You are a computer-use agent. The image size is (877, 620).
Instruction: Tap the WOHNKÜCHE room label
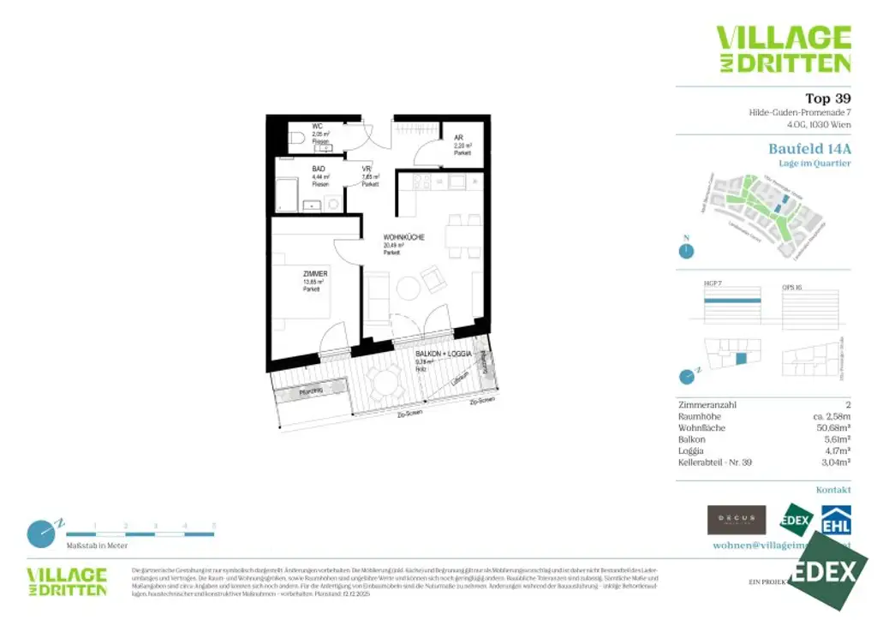pos(404,238)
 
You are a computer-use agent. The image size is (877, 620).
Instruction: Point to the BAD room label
pos(319,170)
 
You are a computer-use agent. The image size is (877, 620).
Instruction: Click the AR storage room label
pos(459,138)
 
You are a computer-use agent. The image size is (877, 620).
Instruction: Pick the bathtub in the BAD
pos(287,194)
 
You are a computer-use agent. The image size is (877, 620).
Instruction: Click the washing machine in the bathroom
pos(332,203)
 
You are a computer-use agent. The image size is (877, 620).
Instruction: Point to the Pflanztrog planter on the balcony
pos(311,391)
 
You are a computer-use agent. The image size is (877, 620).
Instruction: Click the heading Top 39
pos(827,98)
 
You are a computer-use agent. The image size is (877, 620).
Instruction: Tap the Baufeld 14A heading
pos(809,148)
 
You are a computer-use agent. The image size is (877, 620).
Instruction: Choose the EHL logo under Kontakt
pos(836,520)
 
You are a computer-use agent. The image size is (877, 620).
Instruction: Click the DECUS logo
pos(736,520)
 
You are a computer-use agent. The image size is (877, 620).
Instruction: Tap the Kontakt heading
pos(833,490)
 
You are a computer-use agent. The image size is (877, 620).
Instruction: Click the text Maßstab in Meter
pos(97,545)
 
